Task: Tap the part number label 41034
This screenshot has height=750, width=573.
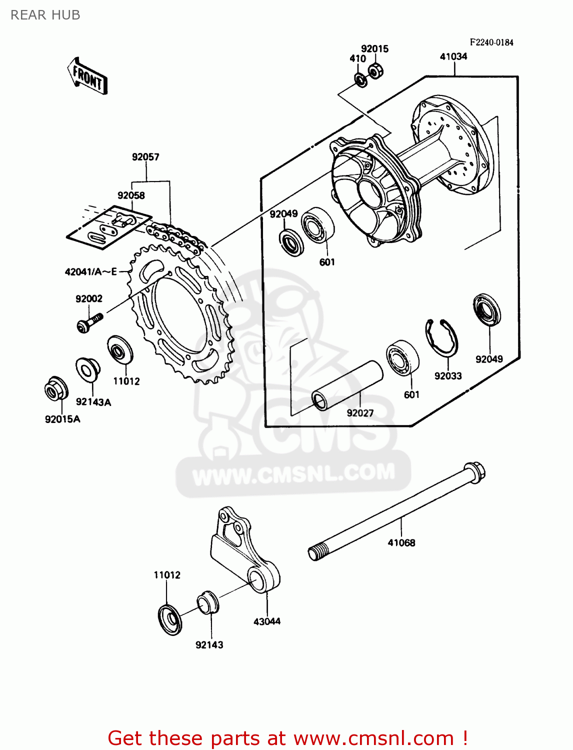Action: pyautogui.click(x=453, y=56)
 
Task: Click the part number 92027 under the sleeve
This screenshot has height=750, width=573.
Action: pyautogui.click(x=360, y=413)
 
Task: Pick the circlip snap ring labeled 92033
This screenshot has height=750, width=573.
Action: pyautogui.click(x=441, y=338)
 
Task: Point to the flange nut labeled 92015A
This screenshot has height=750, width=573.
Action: pyautogui.click(x=55, y=388)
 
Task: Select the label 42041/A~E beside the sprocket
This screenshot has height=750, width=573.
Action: pyautogui.click(x=90, y=271)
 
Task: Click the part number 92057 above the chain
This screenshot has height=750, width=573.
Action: pyautogui.click(x=145, y=157)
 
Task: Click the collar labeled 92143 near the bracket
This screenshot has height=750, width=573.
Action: pyautogui.click(x=207, y=602)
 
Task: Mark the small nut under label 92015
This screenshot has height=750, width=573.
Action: pyautogui.click(x=375, y=70)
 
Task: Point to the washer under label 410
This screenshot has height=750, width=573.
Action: pyautogui.click(x=360, y=79)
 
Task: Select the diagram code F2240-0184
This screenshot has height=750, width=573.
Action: pyautogui.click(x=491, y=42)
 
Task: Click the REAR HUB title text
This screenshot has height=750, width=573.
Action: pyautogui.click(x=45, y=15)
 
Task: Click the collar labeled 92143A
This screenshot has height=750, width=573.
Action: pyautogui.click(x=87, y=369)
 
